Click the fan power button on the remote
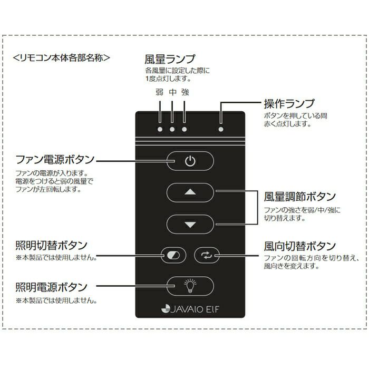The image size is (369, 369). coord(190,162)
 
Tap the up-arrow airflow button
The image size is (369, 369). coord(190,193)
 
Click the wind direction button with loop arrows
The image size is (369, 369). coord(206,256)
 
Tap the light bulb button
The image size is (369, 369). coord(190,286)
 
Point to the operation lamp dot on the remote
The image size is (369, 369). coord(221,129)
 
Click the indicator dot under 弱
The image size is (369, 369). coord(160,129)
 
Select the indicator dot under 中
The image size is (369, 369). coord(172,129)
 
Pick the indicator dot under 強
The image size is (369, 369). coord(184,129)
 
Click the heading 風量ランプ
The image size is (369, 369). coord(170,59)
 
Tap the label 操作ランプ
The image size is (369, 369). coord(289,103)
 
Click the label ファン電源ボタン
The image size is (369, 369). coord(55,159)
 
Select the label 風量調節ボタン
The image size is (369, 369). coord(299,197)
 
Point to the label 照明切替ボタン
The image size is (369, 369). coord(52,246)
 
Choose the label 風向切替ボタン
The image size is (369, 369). coord(299,246)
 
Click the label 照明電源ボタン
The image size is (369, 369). coord(52,287)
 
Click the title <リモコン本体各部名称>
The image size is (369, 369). coord(64,57)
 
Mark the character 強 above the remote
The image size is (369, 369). coord(184,92)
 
